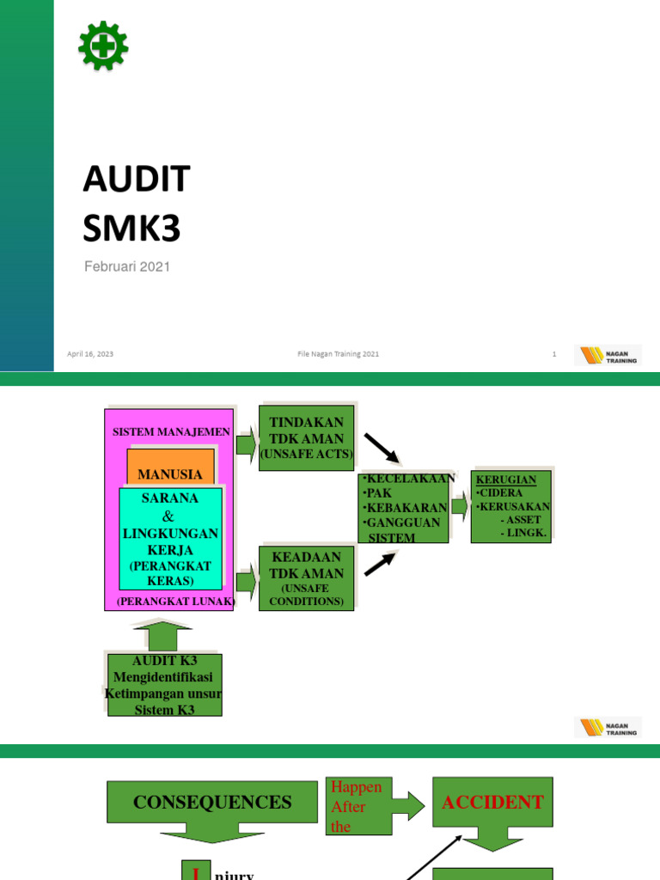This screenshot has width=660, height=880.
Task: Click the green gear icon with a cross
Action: (x=103, y=46)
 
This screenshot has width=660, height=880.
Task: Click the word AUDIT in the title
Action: (x=137, y=180)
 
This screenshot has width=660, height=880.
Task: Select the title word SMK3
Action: (x=133, y=229)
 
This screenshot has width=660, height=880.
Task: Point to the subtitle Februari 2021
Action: (x=127, y=267)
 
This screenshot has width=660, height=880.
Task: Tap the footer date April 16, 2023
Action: (x=90, y=354)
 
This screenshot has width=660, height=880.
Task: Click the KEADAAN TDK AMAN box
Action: (x=307, y=578)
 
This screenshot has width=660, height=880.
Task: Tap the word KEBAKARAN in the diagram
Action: (x=406, y=508)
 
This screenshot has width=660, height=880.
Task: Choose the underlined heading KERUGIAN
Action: (x=506, y=480)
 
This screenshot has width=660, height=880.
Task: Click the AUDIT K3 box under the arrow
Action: (x=164, y=685)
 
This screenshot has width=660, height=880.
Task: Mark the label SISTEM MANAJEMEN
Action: (x=171, y=431)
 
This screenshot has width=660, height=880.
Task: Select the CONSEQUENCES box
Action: (x=212, y=803)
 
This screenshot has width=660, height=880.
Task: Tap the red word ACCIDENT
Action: (x=492, y=803)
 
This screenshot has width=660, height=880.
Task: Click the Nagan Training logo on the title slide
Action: (x=608, y=355)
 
